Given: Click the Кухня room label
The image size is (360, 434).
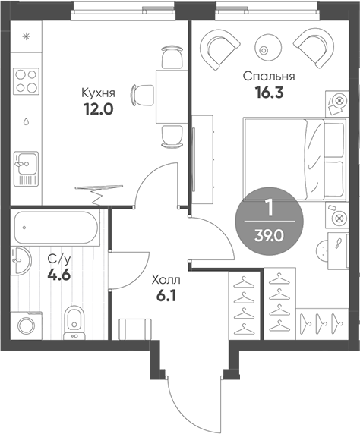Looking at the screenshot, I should (x=98, y=93).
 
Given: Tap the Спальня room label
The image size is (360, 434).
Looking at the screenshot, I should (x=268, y=77).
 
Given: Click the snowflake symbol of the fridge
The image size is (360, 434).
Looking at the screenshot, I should (x=25, y=36).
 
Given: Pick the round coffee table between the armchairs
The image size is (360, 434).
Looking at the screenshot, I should (x=265, y=48).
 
